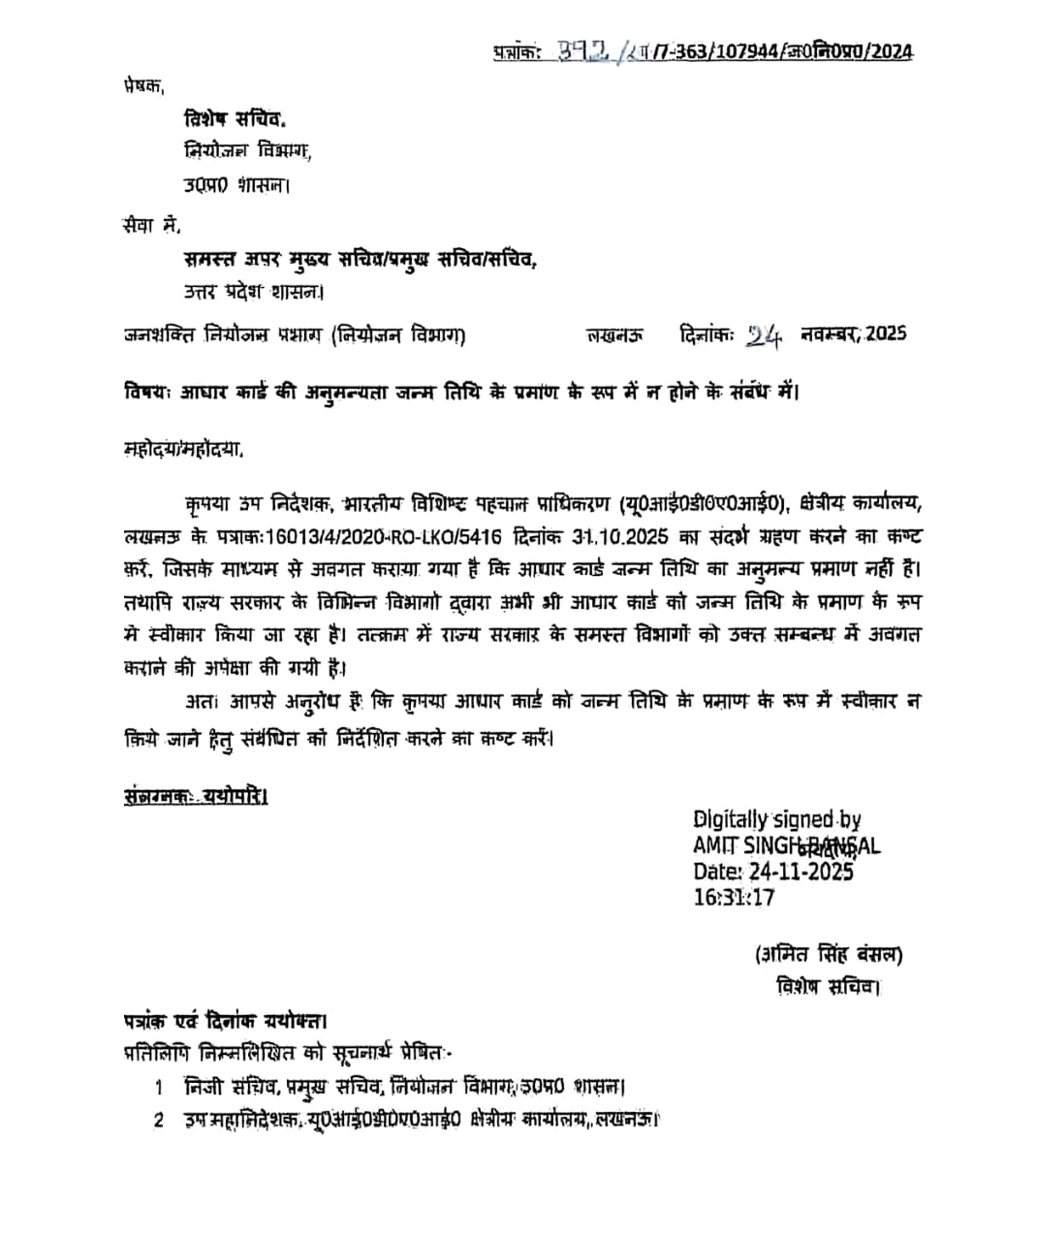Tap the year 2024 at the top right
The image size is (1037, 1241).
pos(891,51)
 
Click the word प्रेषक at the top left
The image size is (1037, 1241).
pos(144,85)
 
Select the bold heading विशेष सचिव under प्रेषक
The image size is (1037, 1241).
pos(235,119)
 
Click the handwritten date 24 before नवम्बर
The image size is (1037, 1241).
pos(764,334)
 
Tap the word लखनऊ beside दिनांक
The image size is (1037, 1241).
pos(614,335)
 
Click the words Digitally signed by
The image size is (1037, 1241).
pos(776,820)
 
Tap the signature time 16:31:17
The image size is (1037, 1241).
pos(734,897)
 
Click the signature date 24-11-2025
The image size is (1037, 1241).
pos(798,872)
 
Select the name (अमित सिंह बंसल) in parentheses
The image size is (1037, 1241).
pos(829,955)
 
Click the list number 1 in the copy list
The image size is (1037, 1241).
pos(159,1087)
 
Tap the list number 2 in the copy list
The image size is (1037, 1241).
pos(159,1121)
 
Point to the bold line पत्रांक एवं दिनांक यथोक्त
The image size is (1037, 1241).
pos(225,1021)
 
